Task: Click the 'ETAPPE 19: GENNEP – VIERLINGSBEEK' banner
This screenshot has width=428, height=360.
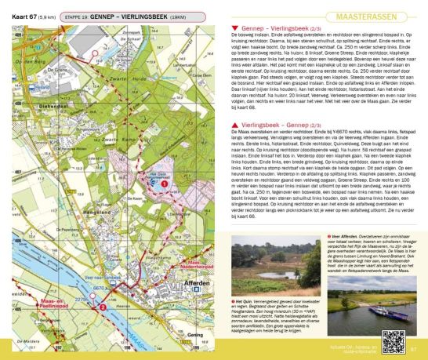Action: coord(121,15)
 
